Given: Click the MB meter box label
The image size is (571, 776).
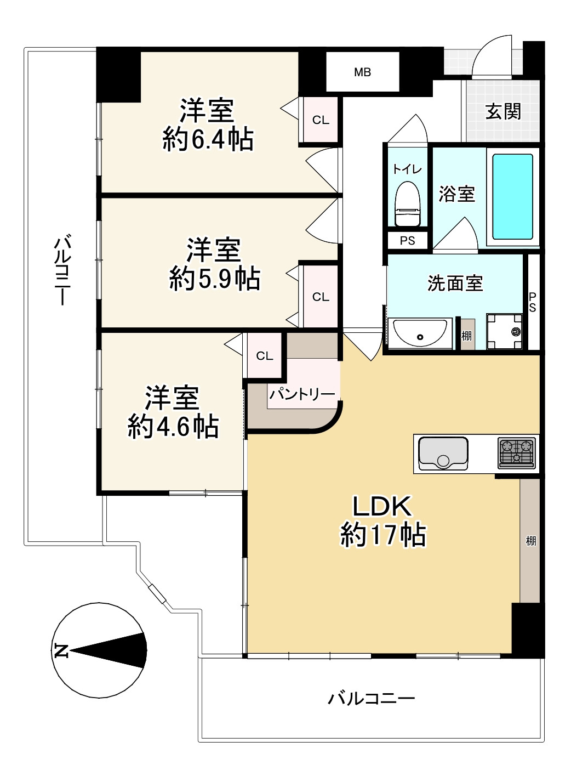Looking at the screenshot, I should (362, 72).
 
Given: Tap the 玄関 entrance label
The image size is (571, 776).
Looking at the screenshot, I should (503, 112).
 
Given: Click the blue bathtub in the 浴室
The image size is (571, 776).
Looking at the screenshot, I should (512, 196).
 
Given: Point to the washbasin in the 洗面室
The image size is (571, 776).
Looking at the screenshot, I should (420, 332).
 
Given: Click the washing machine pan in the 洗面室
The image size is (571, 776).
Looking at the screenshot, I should (504, 331).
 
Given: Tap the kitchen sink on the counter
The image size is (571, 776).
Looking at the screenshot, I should (443, 453).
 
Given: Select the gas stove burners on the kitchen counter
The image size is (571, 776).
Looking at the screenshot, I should (517, 453).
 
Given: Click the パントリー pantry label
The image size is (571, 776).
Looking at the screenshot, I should (302, 394).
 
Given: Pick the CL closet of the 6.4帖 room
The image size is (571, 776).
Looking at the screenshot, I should (321, 120).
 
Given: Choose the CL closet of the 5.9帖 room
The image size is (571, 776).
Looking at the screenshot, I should (321, 297).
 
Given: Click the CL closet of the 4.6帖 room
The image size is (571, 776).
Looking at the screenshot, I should (264, 356).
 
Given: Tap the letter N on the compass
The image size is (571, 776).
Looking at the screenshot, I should (61, 650).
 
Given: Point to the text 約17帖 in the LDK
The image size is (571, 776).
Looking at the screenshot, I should (382, 534).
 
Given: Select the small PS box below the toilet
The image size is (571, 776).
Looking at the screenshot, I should (407, 241).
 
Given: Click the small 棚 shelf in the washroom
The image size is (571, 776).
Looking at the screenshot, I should (466, 335).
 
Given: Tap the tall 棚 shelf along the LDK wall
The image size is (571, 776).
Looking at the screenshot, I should (530, 541).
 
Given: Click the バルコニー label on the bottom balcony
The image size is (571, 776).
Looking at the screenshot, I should (371, 699).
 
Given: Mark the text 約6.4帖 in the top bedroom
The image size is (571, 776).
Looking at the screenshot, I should (208, 139).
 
